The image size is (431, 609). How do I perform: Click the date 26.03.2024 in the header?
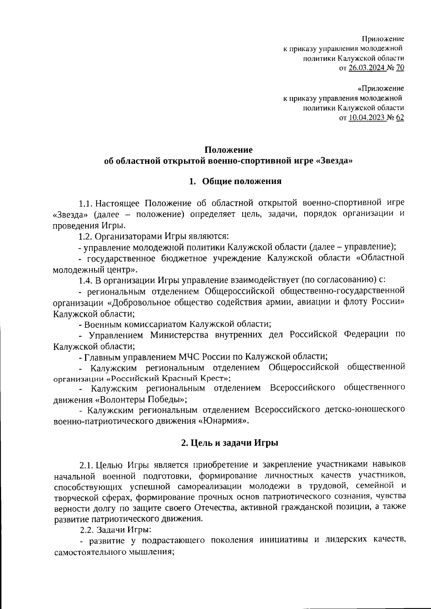[x=366, y=68]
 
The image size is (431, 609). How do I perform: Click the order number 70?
[x=400, y=68]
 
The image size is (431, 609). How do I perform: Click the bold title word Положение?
[x=228, y=150]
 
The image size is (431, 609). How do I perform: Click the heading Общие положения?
[x=241, y=181]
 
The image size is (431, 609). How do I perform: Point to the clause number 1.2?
[x=86, y=236]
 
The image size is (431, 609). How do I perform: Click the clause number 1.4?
[x=86, y=280]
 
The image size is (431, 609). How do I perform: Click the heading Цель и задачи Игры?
[x=230, y=443]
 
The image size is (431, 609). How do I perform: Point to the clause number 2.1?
[x=87, y=465]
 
